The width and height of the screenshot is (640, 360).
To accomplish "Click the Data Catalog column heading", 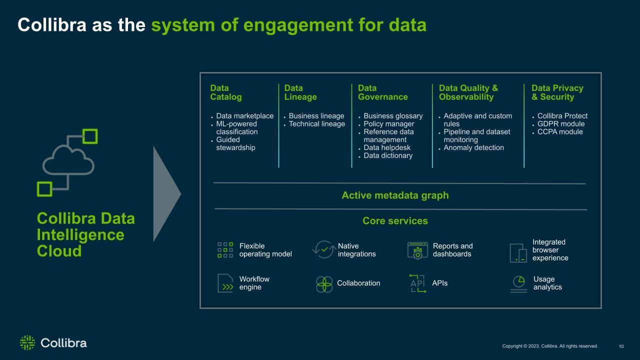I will pos(226,92).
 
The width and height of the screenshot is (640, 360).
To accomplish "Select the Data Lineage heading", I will pos(300,92).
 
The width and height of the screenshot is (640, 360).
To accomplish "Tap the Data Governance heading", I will pos(383,92).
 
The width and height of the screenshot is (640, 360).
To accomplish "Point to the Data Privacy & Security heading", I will pos(557,92).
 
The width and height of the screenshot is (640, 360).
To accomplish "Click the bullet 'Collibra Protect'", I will pos(562,116).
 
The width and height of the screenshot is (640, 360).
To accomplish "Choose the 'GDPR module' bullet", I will pos(561,124).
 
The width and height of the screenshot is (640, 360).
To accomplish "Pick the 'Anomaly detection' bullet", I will pos(473,147).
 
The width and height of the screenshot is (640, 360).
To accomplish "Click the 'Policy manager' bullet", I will pos(389,124).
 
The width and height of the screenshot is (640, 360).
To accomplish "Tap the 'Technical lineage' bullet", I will pos(317,124).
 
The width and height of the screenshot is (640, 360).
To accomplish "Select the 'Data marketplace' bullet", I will pos(245,116).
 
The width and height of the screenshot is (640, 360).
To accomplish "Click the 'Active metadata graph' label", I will pos(395,195).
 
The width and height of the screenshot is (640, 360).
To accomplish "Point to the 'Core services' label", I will pos(395,221).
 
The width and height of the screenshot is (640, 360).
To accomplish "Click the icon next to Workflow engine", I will pos(225,283).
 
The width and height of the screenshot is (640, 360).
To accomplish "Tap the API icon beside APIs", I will pos(417,283).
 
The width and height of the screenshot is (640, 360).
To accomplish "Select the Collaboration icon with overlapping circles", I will pos(324,284).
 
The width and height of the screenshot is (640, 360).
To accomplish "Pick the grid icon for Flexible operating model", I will pos(225,250).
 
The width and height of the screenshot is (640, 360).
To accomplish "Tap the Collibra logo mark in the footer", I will pos(27,342).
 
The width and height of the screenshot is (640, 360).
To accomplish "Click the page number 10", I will pos(621,346).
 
